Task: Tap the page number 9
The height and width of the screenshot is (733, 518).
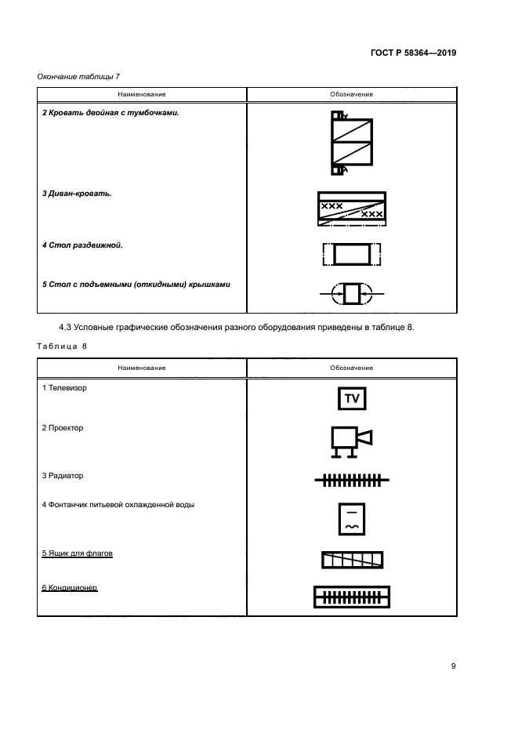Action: tap(453, 666)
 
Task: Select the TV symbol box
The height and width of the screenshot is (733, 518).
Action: tap(352, 398)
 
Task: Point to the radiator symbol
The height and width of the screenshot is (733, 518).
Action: tap(352, 479)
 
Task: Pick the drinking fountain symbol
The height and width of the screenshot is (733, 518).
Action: tap(352, 517)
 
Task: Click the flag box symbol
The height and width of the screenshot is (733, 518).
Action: tap(352, 559)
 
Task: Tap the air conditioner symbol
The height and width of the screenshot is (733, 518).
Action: tap(352, 597)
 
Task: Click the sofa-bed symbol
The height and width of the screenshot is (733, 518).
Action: tap(351, 209)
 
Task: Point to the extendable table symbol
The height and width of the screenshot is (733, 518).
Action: tap(352, 254)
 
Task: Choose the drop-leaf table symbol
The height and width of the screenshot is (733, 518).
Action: tap(352, 294)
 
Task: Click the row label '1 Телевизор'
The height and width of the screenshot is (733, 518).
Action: tap(65, 388)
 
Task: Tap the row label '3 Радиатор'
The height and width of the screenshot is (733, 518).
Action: tap(63, 475)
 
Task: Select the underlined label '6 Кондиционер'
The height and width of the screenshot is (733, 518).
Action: tap(70, 586)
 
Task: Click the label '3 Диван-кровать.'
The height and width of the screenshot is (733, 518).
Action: tap(77, 194)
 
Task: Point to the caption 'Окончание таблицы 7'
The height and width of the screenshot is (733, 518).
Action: tap(78, 76)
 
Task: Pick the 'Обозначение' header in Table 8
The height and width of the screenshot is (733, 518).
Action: tap(352, 367)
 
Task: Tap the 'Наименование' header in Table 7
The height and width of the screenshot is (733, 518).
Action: tap(142, 94)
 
